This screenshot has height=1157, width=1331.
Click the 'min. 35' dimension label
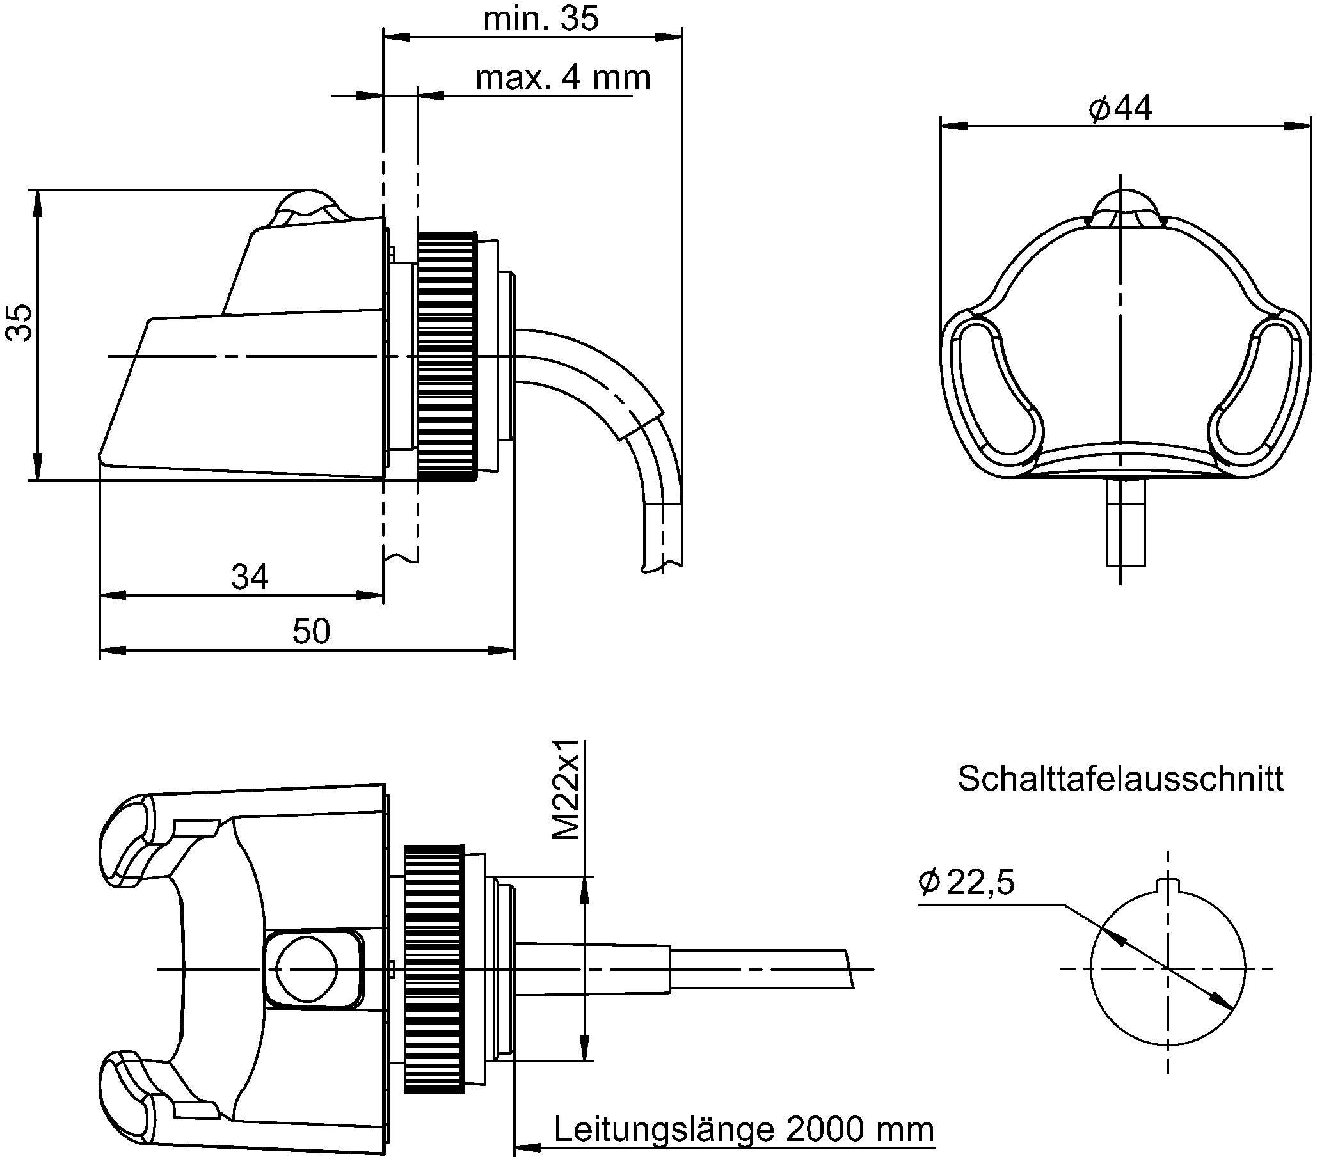[541, 19]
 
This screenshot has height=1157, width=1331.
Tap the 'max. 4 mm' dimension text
[563, 78]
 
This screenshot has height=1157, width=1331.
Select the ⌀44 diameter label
[1120, 108]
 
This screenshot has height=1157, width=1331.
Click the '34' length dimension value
[250, 577]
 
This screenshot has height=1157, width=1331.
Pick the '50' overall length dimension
[311, 631]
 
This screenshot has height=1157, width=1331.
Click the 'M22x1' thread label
[566, 790]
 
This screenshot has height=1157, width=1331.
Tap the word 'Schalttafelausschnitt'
[1120, 778]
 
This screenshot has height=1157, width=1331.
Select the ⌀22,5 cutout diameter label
[966, 882]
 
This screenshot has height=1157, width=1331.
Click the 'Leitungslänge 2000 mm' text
[744, 1129]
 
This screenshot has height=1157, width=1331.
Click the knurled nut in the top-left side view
[447, 356]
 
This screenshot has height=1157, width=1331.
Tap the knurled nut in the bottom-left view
[434, 969]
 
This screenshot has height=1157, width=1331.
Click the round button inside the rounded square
[307, 969]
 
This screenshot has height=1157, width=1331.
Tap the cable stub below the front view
[1126, 522]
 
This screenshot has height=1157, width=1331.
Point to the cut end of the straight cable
[850, 969]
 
